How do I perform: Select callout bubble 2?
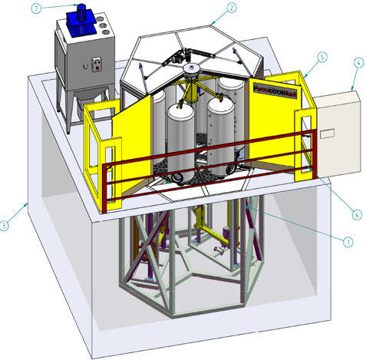coord(231,8)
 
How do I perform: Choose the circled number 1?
coord(348,241)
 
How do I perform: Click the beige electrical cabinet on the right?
coord(333,130)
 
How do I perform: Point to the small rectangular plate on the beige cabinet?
coord(327,134)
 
